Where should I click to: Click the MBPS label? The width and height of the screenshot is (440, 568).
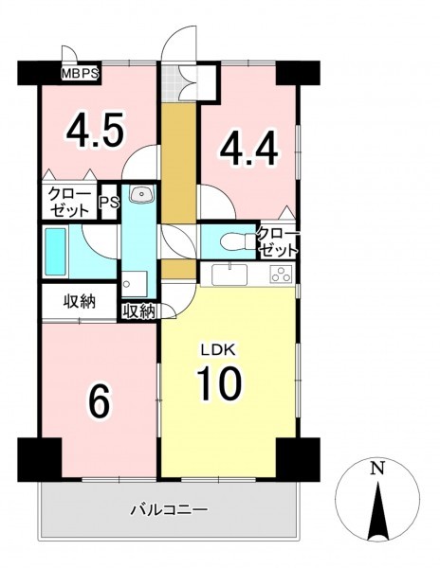pyautogui.click(x=80, y=74)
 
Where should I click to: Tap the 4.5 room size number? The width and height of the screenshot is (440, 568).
pyautogui.click(x=95, y=131)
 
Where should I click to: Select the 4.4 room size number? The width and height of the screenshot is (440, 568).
pyautogui.click(x=249, y=149)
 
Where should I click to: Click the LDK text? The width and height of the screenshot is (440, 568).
pyautogui.click(x=219, y=350)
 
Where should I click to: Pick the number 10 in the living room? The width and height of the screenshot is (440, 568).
pyautogui.click(x=219, y=383)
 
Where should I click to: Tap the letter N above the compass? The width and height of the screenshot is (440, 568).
pyautogui.click(x=377, y=469)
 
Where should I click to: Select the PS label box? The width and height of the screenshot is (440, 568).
pyautogui.click(x=110, y=203)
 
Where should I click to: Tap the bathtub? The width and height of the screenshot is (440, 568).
pyautogui.click(x=56, y=252)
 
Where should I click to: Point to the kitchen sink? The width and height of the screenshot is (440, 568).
pyautogui.click(x=229, y=275)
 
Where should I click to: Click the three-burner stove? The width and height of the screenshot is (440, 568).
pyautogui.click(x=280, y=275)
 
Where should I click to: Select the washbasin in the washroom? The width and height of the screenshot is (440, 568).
pyautogui.click(x=141, y=194)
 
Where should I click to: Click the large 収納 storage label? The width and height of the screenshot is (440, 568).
pyautogui.click(x=80, y=301)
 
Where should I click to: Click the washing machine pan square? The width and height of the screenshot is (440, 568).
pyautogui.click(x=135, y=284)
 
